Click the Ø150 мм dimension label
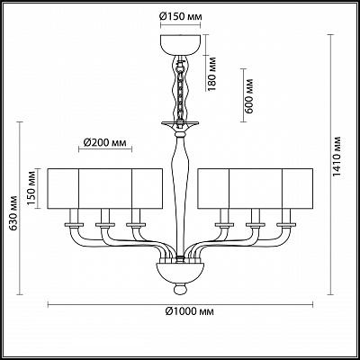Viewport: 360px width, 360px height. coord(180,16)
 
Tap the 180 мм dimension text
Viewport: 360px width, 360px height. coord(211,74)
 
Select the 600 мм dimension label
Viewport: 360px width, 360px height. coord(248,96)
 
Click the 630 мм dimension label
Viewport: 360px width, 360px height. coord(13,213)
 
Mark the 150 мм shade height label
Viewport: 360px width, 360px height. coord(32,188)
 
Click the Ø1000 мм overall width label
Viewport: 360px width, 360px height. coord(190,311)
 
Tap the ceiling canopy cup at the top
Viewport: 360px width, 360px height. coord(180,44)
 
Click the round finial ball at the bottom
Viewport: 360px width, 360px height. coord(180,289)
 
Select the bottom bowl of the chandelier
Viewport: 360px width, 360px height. coord(180,273)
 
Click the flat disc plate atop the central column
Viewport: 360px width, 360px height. coord(180,123)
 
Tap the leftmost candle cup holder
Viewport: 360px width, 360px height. coord(74,224)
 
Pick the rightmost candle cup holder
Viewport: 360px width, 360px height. coord(286,224)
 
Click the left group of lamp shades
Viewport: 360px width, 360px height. coord(105,188)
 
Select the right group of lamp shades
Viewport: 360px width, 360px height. coord(256,188)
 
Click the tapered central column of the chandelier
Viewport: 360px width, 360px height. coord(180,195)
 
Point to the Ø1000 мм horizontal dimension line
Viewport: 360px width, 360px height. coord(180,305)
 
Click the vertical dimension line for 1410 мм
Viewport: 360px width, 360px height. coord(331,165)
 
